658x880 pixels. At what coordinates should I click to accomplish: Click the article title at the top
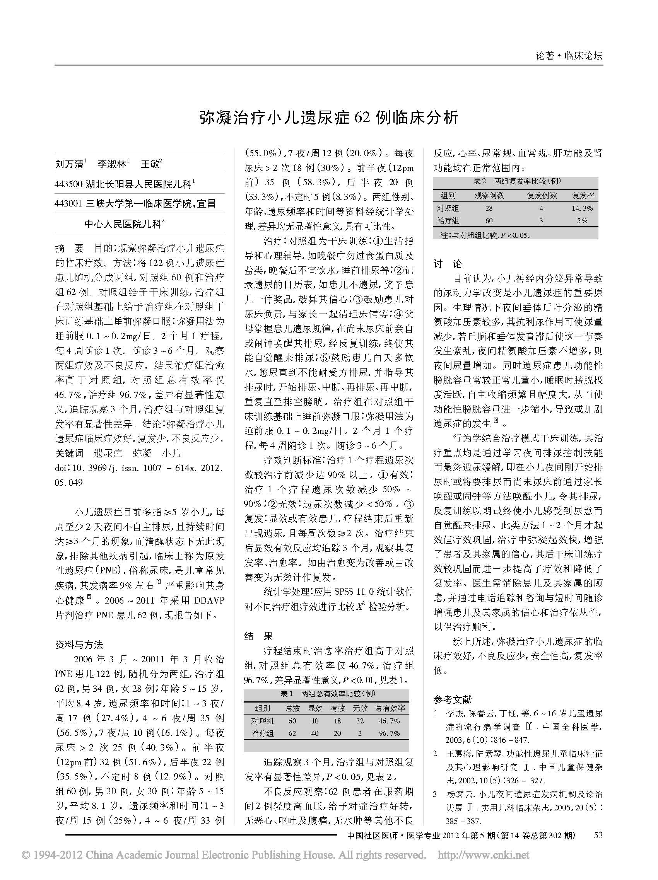329,118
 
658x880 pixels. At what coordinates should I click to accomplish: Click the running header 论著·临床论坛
568,56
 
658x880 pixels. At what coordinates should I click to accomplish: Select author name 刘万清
69,164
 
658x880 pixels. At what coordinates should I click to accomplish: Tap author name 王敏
150,164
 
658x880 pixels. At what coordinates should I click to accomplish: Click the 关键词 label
69,453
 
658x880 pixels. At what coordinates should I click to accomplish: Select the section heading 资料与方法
79,645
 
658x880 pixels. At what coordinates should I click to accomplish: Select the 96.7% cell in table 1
389,733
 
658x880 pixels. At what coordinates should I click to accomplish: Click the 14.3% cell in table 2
581,208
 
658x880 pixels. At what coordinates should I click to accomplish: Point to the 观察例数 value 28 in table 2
489,208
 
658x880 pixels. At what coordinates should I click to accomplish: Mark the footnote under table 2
485,235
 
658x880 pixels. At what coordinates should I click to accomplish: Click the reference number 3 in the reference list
436,794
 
